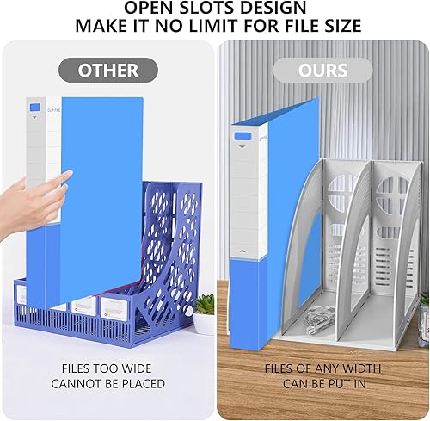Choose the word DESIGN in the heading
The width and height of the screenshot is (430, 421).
pyautogui.click(x=264, y=9)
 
